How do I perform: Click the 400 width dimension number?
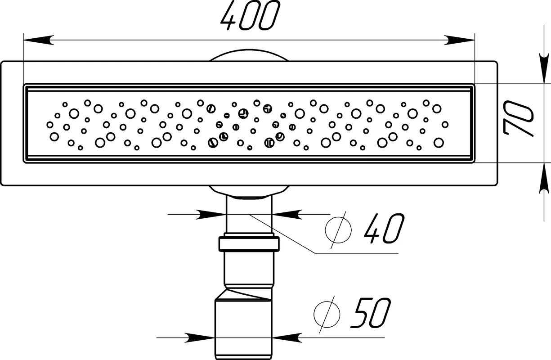250,15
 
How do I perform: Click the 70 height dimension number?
518,119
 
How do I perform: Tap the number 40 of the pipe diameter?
384,229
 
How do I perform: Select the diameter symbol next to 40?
338,230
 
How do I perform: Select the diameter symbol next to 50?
327,314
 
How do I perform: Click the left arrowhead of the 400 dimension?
38,40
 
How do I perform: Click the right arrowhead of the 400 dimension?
459,40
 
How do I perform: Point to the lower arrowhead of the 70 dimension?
544,178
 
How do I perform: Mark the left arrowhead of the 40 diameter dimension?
211,215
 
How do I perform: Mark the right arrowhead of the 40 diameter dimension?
287,215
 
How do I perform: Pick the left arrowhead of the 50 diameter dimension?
200,337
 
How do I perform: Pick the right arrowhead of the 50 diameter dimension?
287,337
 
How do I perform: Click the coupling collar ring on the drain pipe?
249,244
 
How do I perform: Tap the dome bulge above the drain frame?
249,55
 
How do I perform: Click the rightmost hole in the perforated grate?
445,125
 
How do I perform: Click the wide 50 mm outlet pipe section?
243,330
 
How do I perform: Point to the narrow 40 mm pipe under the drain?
249,215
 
